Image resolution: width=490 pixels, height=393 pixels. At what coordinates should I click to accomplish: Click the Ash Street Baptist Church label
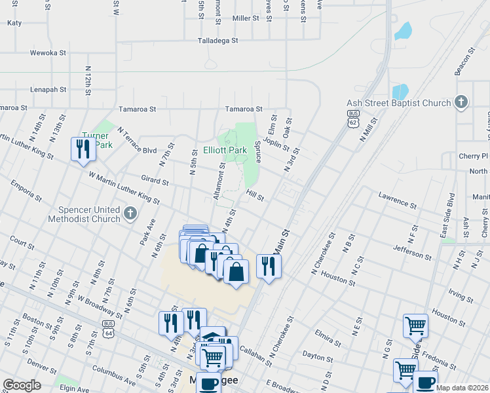coord(398,103)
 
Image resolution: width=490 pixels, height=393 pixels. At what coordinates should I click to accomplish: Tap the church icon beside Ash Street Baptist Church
coord(462,102)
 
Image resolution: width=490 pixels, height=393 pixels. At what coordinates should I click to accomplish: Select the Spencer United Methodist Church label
coord(84,214)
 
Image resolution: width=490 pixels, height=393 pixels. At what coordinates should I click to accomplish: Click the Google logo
coord(22,384)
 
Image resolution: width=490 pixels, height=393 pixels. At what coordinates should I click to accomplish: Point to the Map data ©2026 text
coord(462,388)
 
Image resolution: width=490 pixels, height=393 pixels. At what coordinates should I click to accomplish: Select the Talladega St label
coord(218,41)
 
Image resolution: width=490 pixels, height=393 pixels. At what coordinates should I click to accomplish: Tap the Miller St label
coord(246,18)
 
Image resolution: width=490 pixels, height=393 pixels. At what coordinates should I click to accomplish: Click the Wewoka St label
coord(48,53)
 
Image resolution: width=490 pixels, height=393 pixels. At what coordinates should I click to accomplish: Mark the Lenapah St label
coord(48,88)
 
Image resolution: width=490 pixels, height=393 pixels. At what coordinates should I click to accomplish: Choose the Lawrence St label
coord(398,200)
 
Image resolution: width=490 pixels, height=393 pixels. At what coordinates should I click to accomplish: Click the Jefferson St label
coord(413,253)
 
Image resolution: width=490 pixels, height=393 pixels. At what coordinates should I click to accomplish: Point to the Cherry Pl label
coord(474,157)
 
